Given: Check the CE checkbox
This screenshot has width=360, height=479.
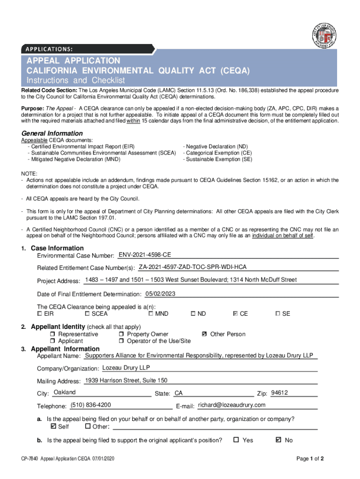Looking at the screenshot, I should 235,313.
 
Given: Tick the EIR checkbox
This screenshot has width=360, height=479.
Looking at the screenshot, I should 40,313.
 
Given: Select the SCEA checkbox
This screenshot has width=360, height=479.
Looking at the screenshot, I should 87,313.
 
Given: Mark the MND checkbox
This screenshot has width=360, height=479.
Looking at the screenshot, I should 151,313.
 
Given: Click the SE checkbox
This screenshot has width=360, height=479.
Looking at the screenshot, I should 278,313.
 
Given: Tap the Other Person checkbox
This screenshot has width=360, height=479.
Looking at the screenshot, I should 204,334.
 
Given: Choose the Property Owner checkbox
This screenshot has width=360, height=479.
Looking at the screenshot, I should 122,334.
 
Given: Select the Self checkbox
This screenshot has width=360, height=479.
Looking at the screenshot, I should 53,426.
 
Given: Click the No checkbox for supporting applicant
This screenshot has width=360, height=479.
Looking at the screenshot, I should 279,440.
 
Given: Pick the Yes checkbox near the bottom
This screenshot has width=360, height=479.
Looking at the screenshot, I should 236,440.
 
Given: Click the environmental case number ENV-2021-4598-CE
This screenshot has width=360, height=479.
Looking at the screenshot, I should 144,255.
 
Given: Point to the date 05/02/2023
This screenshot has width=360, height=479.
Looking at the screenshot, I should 160,294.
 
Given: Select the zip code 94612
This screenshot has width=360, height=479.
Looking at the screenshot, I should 279,392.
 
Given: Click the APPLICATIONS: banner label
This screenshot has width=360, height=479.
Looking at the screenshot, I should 46,49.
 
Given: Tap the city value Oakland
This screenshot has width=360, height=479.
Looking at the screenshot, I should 65,392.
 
